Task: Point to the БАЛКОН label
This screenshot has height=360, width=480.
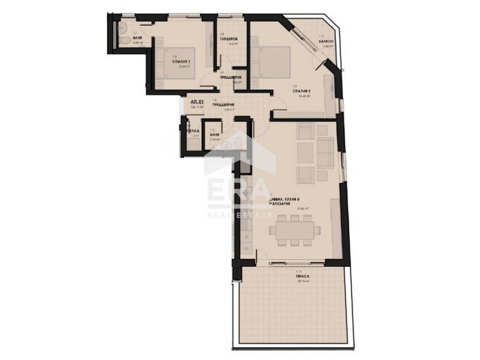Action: click(x=328, y=40)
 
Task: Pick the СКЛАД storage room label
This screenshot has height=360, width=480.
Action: click(x=193, y=130)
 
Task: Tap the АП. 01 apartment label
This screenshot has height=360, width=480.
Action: click(x=197, y=103)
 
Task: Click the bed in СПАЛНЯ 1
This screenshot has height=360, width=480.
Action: click(x=176, y=62)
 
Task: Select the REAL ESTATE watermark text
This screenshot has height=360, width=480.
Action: click(x=239, y=214)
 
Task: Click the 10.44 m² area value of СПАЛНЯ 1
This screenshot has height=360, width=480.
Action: click(x=184, y=67)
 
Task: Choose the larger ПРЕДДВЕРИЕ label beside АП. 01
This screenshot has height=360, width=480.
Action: click(x=223, y=105)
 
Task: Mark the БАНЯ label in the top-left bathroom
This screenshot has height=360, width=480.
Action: click(x=137, y=37)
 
